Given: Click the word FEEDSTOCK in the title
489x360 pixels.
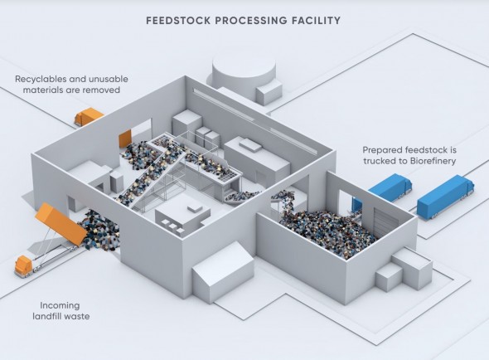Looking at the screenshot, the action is pyautogui.click(x=179, y=21).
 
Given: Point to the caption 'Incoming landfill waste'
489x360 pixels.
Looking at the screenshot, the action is pyautogui.click(x=61, y=311).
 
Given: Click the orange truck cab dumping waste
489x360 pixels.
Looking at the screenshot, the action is pyautogui.click(x=23, y=266).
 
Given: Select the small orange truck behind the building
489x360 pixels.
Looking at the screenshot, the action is pyautogui.click(x=88, y=116).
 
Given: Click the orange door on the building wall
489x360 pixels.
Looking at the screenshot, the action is pyautogui.click(x=125, y=139).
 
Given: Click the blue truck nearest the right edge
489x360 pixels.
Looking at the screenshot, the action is pyautogui.click(x=445, y=196).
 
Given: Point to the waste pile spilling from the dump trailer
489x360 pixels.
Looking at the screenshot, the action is pyautogui.click(x=99, y=230).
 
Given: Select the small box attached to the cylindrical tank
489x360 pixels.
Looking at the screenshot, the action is pyautogui.click(x=269, y=92).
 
